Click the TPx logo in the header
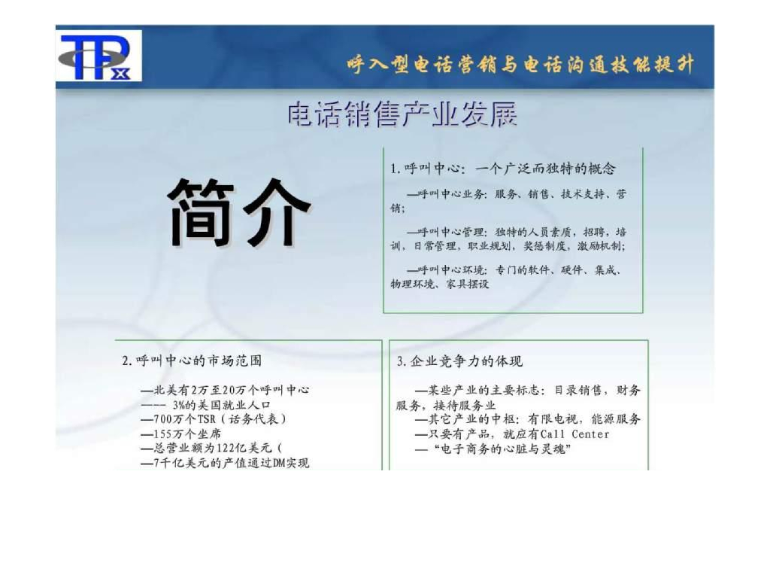tap(97, 57)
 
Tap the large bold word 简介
tap(238, 211)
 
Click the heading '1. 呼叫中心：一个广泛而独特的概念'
tap(503, 168)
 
